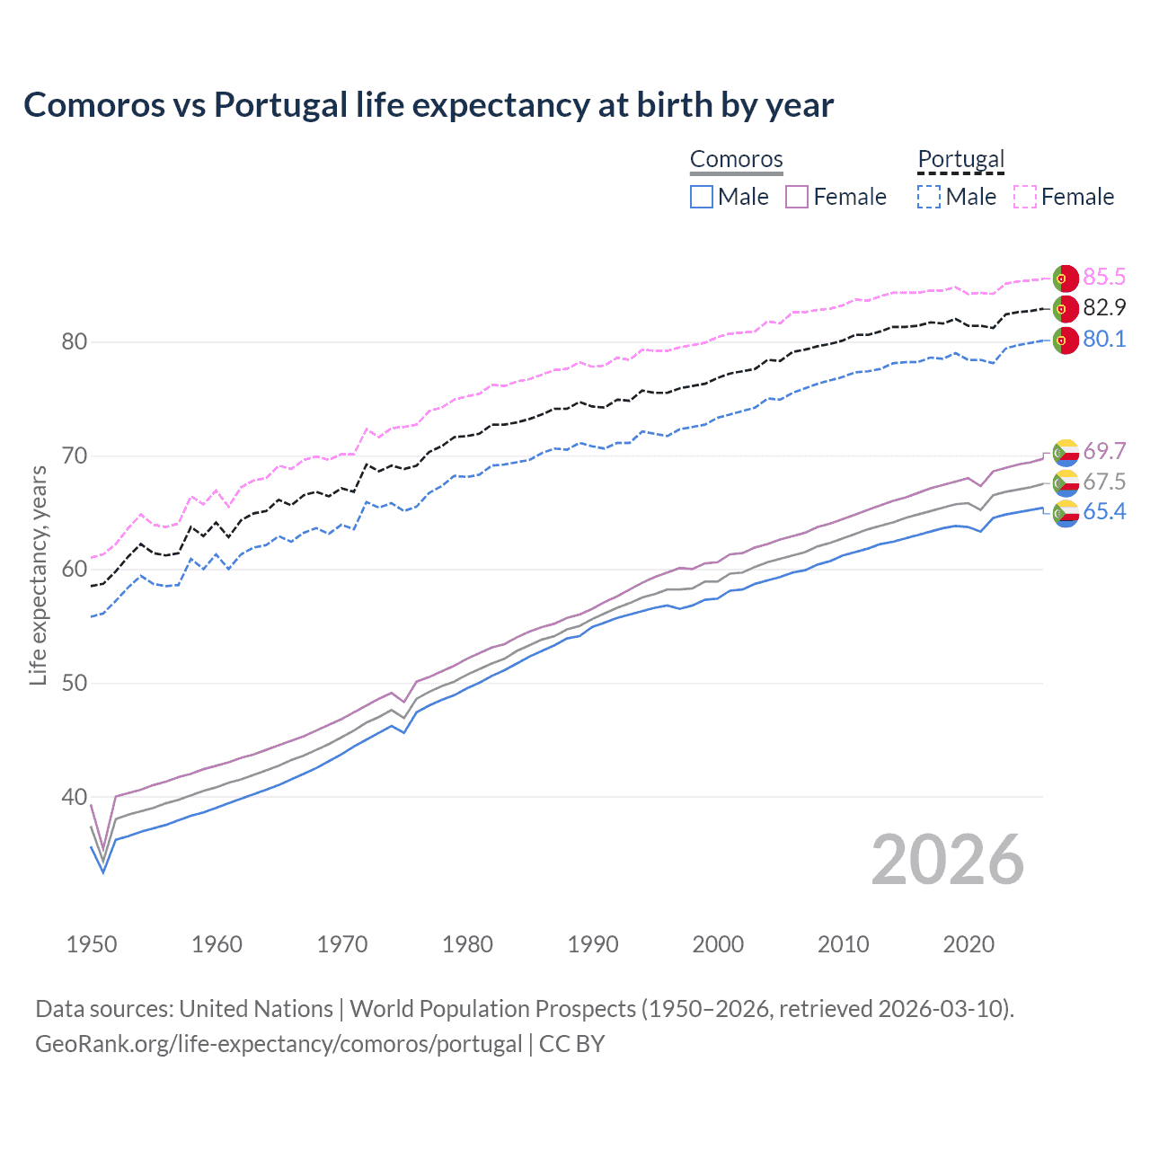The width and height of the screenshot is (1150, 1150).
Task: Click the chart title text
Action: [x=429, y=105]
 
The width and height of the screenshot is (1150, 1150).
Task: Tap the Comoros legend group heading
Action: [x=737, y=160]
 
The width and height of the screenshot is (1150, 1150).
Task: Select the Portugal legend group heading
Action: [x=960, y=160]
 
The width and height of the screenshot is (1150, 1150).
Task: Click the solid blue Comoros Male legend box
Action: [x=702, y=197]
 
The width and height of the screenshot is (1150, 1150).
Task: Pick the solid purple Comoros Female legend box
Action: [x=797, y=197]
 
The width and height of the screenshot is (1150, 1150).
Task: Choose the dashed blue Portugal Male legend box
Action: [x=929, y=197]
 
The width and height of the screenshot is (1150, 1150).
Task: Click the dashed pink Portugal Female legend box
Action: [x=1025, y=197]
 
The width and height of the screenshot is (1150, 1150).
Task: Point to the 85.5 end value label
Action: [x=1104, y=277]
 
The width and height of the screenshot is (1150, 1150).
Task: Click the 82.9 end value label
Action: [x=1104, y=308]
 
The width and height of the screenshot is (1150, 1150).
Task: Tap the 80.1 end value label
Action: [x=1104, y=340]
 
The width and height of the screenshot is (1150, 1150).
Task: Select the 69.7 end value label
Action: [x=1104, y=451]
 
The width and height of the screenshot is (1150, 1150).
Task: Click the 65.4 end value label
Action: [x=1104, y=512]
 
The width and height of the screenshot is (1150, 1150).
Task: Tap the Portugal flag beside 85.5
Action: [x=1066, y=279]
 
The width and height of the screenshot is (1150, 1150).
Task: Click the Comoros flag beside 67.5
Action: [x=1066, y=483]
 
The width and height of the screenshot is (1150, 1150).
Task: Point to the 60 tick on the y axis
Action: [x=75, y=570]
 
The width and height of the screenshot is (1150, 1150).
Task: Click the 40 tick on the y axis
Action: [x=75, y=797]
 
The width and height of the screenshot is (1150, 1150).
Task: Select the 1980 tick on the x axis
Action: [x=467, y=944]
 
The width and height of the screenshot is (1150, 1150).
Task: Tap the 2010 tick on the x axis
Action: [x=843, y=944]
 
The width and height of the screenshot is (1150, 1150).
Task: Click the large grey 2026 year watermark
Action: [x=948, y=860]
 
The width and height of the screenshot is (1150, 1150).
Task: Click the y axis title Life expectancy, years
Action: [x=39, y=575]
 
